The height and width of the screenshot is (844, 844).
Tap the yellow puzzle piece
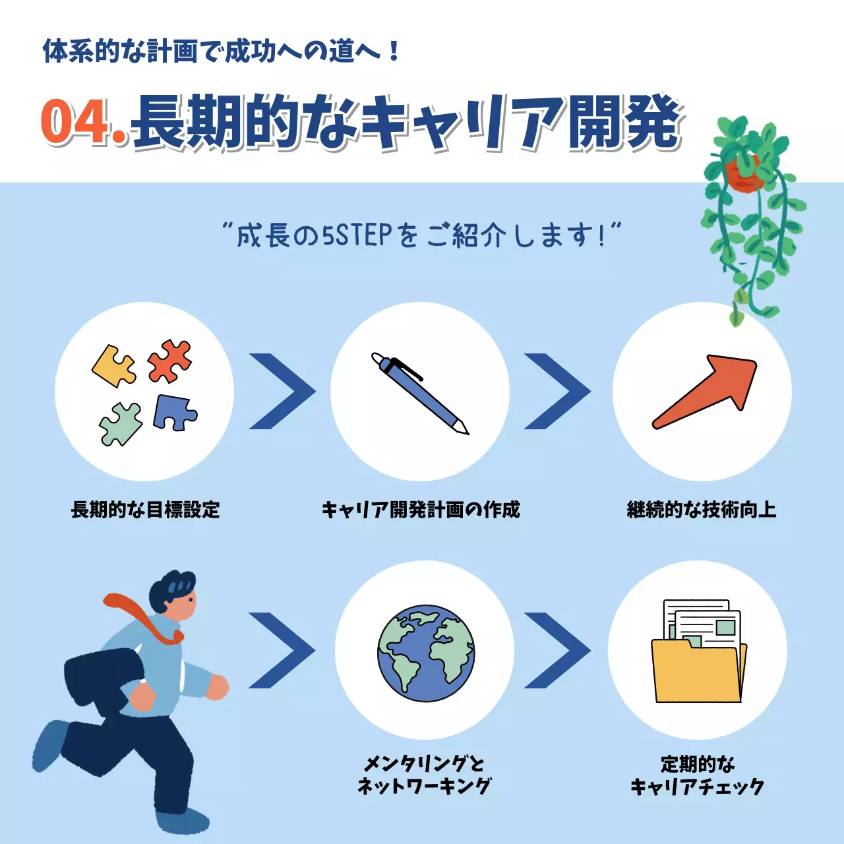[113, 366]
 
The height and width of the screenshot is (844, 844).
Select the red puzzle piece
[169, 361]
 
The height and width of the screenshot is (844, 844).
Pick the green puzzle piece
[121, 424]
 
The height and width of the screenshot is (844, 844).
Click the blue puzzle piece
[173, 413]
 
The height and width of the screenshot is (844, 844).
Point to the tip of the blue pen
[466, 432]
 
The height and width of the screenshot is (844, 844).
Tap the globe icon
[426, 653]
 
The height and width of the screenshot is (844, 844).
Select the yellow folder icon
[698, 671]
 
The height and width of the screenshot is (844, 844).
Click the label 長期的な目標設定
[145, 510]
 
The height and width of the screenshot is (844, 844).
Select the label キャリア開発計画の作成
[421, 510]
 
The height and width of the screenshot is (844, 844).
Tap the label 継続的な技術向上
[702, 510]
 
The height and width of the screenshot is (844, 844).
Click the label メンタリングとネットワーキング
[424, 775]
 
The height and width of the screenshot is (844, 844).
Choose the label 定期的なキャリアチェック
[698, 775]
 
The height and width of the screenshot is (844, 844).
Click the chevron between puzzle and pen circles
[282, 392]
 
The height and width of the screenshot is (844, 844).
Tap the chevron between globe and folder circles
[557, 651]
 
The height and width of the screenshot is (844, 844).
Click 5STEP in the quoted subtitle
[357, 235]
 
